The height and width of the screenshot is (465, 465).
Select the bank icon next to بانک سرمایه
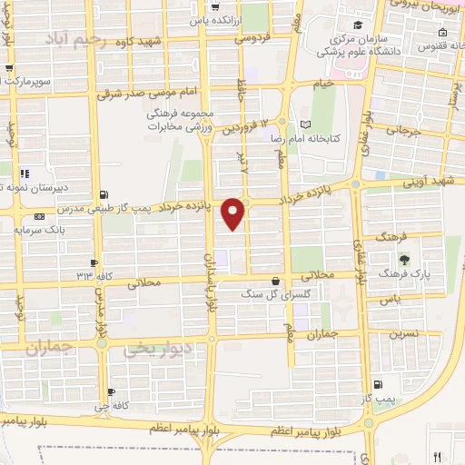(37, 217)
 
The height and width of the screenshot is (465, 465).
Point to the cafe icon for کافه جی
(110, 392)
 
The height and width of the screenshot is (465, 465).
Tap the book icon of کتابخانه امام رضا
(304, 124)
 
